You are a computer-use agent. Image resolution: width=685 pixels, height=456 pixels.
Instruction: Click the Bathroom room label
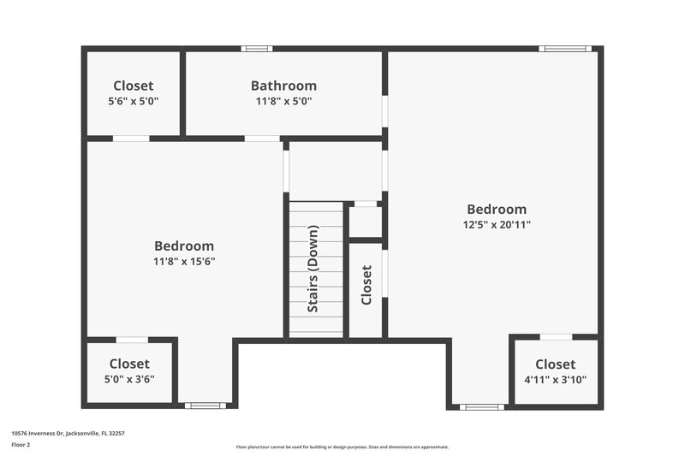(x=283, y=86)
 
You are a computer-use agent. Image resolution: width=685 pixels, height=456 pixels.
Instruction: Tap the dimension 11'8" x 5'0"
(x=283, y=101)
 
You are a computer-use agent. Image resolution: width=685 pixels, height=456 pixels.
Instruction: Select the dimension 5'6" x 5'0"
(x=134, y=101)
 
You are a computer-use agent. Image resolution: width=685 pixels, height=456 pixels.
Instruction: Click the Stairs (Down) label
(x=313, y=269)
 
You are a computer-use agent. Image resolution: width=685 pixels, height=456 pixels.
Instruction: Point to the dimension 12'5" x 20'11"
(x=497, y=224)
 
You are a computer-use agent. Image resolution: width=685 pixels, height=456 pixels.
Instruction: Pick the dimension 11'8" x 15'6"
(x=184, y=261)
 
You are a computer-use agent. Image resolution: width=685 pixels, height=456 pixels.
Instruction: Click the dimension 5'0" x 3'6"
(x=129, y=379)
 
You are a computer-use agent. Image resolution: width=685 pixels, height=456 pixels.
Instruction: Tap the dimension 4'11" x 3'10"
(x=556, y=379)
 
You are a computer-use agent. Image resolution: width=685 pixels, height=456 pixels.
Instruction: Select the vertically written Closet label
(x=366, y=285)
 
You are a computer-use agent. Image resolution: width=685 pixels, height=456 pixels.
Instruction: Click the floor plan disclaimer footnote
(x=342, y=447)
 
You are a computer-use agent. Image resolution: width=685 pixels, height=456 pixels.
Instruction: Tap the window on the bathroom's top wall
(x=256, y=49)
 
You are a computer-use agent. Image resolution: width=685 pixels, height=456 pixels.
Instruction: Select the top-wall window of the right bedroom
(x=565, y=49)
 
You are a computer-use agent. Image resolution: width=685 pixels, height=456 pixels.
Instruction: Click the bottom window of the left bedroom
(x=205, y=406)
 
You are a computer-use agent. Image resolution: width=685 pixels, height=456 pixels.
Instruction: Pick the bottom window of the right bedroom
(x=481, y=406)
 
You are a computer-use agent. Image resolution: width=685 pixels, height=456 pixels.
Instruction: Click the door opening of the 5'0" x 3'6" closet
(x=131, y=341)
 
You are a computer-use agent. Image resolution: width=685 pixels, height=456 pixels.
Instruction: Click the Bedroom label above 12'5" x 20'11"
(x=497, y=209)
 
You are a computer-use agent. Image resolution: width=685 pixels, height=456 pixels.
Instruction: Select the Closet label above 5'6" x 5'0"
(x=134, y=86)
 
